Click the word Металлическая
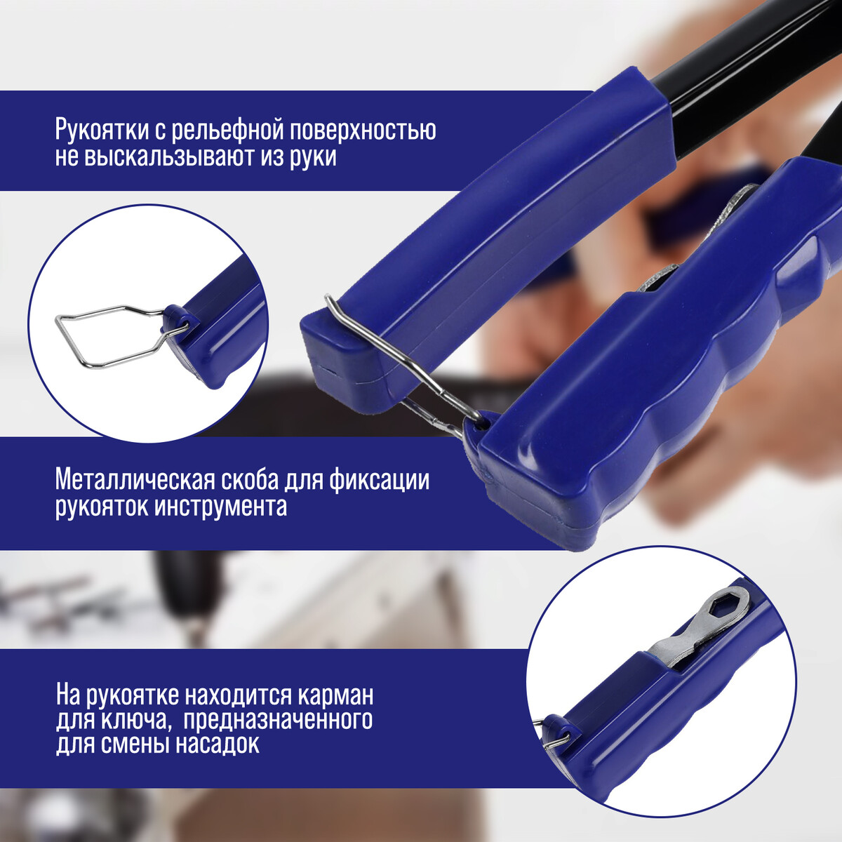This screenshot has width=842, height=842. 135,479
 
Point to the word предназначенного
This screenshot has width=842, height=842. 278,722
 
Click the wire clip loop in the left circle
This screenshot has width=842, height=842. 70,340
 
